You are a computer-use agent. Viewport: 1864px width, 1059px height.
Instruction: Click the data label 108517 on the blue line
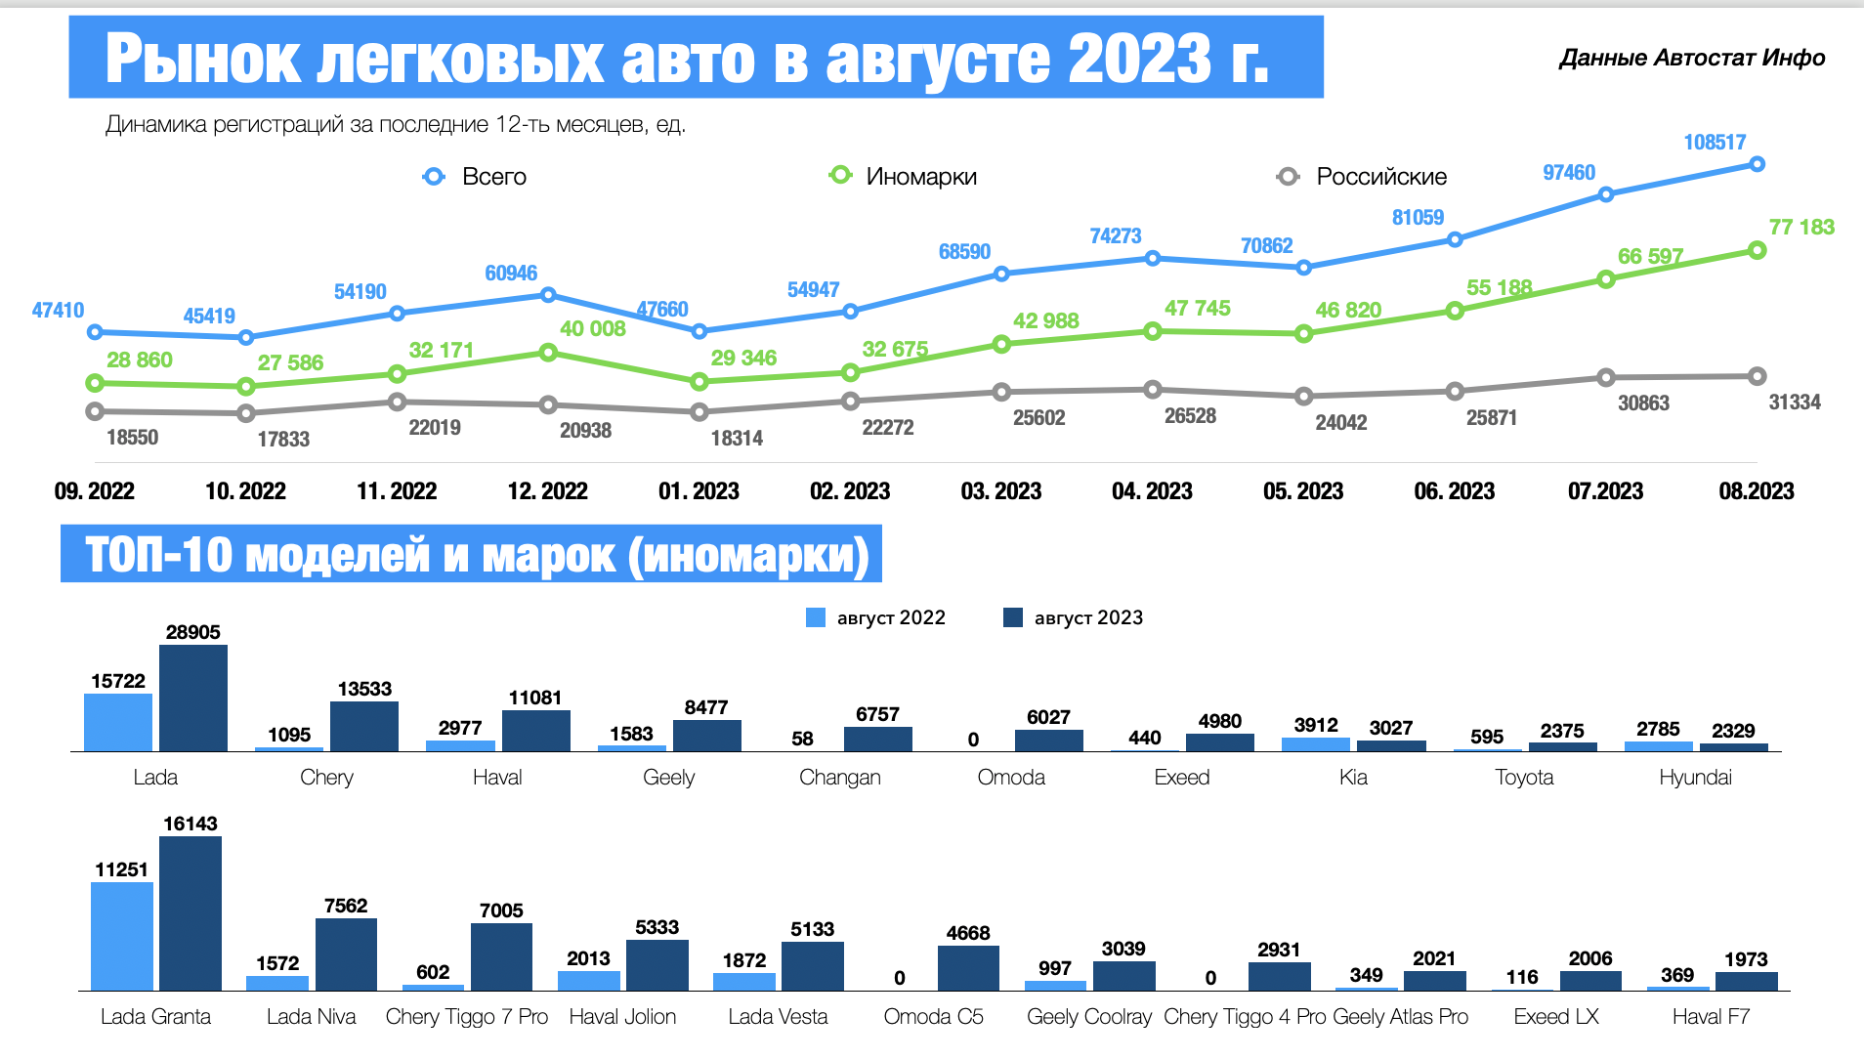[x=1714, y=143]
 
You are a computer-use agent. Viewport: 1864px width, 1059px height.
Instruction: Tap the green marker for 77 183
[x=1757, y=251]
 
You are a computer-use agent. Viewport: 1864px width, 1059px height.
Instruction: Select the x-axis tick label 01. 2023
[x=699, y=491]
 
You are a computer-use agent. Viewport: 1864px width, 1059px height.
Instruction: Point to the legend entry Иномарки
[x=920, y=177]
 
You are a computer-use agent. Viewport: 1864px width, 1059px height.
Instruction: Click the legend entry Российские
[x=1380, y=177]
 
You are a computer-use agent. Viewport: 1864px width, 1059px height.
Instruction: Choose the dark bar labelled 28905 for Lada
[x=193, y=698]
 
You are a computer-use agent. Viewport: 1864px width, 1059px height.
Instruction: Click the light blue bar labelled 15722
[x=118, y=722]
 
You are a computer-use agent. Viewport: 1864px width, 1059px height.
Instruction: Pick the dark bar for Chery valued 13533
[x=364, y=726]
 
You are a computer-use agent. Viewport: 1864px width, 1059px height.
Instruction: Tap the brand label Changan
[x=839, y=778]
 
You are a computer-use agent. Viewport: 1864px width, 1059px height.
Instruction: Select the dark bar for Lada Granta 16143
[x=191, y=913]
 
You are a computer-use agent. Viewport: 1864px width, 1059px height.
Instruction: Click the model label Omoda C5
[x=933, y=1017]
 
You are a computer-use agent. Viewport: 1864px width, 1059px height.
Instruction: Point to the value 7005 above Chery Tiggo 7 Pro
[x=501, y=911]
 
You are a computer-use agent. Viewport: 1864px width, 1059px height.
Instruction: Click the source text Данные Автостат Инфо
[x=1692, y=59]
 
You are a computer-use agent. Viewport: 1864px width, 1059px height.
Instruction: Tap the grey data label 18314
[x=737, y=439]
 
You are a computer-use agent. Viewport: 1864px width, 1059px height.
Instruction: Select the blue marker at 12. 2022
[x=548, y=295]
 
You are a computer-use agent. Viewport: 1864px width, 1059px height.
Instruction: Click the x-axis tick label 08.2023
[x=1756, y=491]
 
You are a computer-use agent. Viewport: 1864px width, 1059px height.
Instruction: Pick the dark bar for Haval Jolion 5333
[x=657, y=965]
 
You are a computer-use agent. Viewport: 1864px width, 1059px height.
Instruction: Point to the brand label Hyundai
[x=1695, y=778]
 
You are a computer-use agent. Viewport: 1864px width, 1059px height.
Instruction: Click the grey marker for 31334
[x=1757, y=376]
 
